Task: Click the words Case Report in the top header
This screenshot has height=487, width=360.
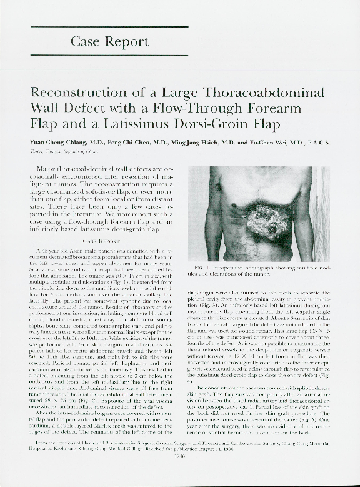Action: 109,42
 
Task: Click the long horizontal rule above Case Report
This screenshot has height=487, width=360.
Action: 109,26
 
